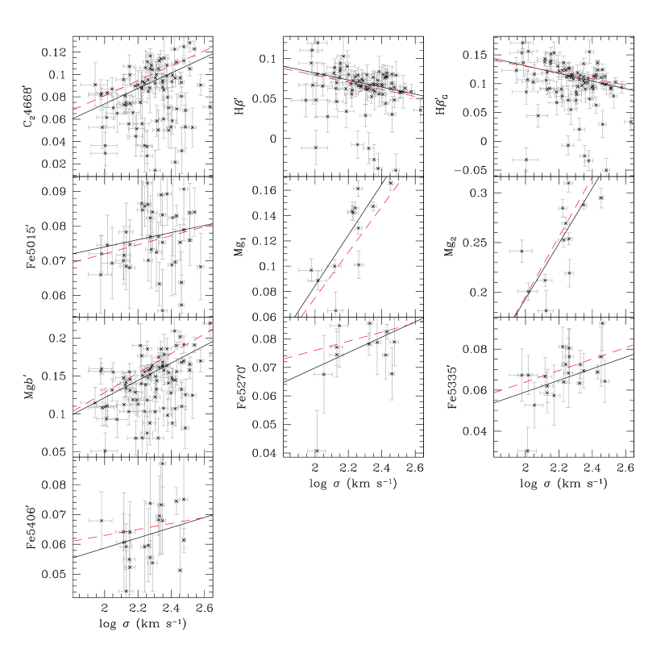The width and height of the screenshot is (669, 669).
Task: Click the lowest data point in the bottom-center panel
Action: pyautogui.click(x=317, y=451)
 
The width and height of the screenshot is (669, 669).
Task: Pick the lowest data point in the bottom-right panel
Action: pyautogui.click(x=527, y=451)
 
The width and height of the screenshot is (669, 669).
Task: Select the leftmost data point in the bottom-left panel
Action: pyautogui.click(x=101, y=521)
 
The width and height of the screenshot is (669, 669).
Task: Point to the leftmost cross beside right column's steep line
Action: pyautogui.click(x=521, y=251)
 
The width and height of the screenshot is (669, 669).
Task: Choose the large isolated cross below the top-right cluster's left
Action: pyautogui.click(x=526, y=160)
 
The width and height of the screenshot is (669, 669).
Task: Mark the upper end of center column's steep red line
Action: pyautogui.click(x=402, y=178)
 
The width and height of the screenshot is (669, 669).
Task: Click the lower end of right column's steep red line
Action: pyautogui.click(x=515, y=316)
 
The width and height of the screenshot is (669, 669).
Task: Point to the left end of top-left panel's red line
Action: pyautogui.click(x=73, y=110)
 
